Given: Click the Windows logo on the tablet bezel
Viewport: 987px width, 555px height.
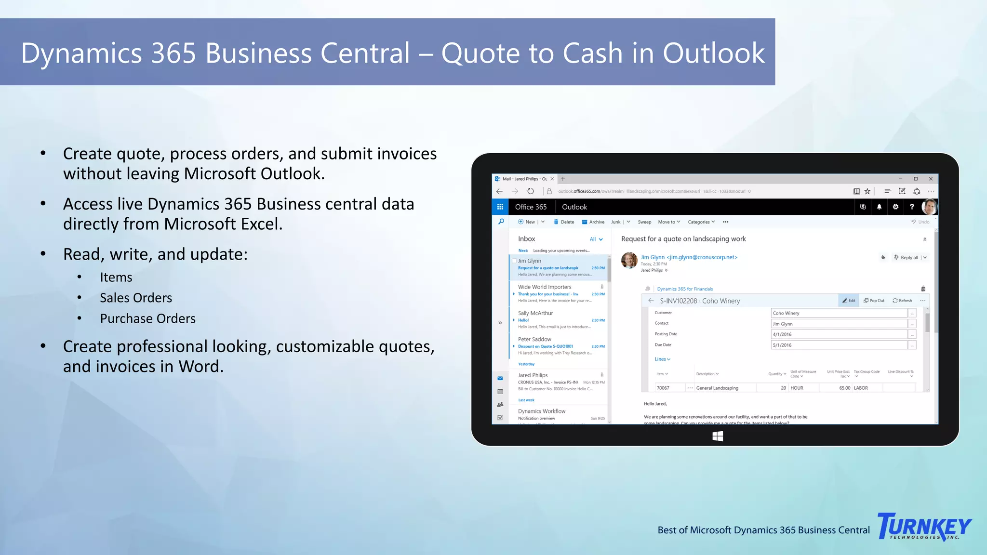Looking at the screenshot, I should tap(718, 436).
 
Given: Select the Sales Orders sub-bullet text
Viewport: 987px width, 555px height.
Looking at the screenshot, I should tap(136, 298).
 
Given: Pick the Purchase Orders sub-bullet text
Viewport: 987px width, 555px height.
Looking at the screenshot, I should tap(147, 318).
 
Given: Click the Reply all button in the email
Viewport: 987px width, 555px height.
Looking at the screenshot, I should tap(906, 258).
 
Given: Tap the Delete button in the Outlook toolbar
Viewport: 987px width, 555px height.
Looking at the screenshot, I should tap(564, 222).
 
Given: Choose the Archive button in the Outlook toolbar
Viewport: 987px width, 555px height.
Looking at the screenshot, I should tap(593, 222).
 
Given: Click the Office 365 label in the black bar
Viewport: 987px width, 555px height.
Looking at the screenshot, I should tap(531, 207).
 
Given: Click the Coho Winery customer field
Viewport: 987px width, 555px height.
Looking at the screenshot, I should tap(839, 313).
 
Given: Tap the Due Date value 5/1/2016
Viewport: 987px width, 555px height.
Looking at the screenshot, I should tap(839, 345).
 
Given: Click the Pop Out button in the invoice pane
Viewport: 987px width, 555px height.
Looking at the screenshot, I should tap(874, 301).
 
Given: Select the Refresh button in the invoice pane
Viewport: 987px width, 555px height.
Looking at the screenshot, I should tap(902, 301).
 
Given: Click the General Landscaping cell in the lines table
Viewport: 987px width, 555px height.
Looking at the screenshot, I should tap(718, 388).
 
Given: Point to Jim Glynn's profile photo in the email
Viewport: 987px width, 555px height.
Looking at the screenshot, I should tap(629, 260).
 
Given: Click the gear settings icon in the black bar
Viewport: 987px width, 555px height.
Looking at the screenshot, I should tap(895, 207).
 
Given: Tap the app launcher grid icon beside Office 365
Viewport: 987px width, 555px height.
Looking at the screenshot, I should tap(500, 207).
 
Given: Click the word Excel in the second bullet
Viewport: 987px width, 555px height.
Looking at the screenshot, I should tap(257, 224).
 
